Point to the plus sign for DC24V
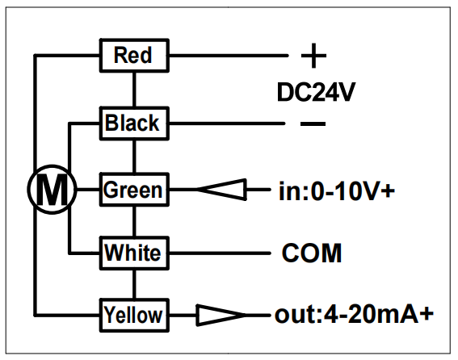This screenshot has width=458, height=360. (313, 56)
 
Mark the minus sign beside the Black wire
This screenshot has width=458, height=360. (313, 123)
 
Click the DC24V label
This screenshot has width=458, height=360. (316, 92)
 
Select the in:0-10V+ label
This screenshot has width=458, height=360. (337, 191)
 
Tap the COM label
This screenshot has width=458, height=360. (312, 253)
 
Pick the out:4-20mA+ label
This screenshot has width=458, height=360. (355, 315)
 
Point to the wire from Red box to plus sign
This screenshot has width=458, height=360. (229, 55)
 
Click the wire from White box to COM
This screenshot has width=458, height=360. (220, 253)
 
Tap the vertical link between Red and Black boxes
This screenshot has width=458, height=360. (134, 90)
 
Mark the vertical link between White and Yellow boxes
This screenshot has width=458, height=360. (134, 284)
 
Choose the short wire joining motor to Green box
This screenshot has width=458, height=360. (89, 190)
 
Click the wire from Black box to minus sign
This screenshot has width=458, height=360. (227, 123)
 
